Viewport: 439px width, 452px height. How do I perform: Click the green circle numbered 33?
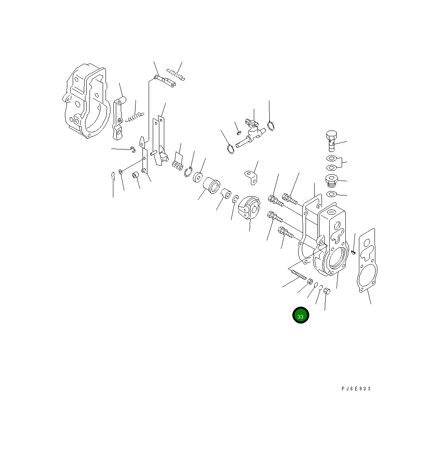[x=301, y=315]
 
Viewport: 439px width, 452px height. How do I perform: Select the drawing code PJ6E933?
[x=356, y=389]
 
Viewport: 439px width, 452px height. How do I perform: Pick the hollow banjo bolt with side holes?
[x=332, y=140]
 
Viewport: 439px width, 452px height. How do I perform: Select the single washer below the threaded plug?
[x=331, y=194]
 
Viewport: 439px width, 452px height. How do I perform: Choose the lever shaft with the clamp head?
[x=251, y=134]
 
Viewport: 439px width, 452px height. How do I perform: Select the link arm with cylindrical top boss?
[x=118, y=117]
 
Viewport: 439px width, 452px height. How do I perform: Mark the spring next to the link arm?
[x=135, y=117]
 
